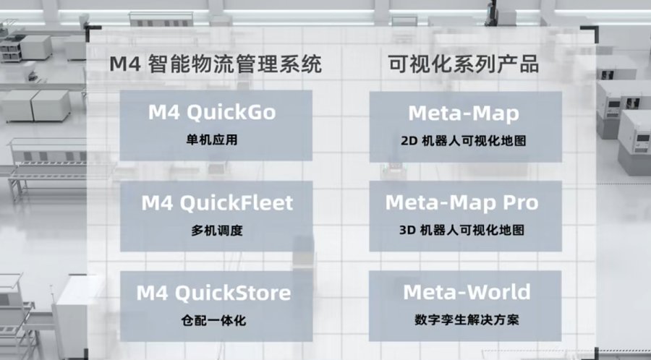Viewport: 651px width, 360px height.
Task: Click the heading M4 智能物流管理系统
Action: pos(216,64)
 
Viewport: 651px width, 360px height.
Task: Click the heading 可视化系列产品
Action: pos(464,64)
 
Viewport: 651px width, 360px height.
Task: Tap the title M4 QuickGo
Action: pos(212,112)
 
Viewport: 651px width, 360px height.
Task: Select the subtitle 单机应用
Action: pos(212,140)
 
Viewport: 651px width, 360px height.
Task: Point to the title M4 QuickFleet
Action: pos(217,203)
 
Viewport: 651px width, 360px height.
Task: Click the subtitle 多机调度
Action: pos(217,230)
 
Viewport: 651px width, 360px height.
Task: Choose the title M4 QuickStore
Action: pos(214,293)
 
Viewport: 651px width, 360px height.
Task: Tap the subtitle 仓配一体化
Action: pos(214,320)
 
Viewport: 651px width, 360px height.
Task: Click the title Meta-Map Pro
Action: pos(461,202)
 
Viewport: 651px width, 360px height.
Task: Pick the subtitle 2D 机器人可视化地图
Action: pos(464,141)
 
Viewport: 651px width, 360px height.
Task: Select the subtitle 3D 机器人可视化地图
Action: pos(461,230)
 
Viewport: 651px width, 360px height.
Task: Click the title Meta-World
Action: pos(467,292)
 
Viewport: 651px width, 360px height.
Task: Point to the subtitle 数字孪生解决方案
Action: pos(467,320)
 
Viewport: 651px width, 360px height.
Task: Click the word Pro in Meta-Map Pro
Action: pos(521,202)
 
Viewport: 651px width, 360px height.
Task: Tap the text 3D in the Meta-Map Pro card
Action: pos(407,230)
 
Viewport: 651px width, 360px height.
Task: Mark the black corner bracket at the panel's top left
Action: pos(90,30)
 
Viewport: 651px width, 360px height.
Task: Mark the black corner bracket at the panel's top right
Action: pos(594,30)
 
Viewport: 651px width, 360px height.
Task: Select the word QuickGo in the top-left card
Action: pos(231,112)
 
